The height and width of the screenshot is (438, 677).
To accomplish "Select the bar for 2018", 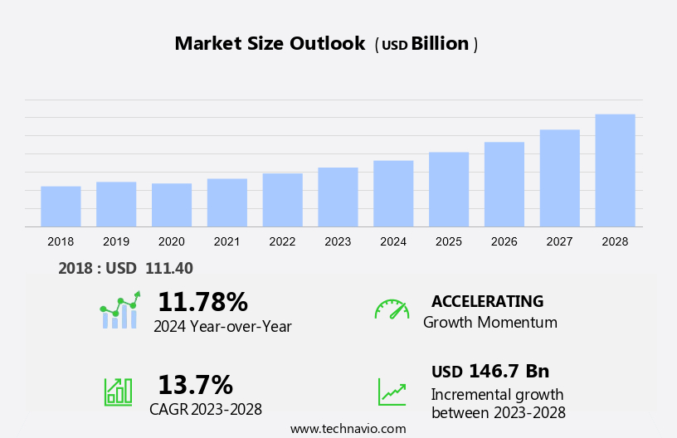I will [x=61, y=207].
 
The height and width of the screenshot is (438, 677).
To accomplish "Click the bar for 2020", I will [x=172, y=205].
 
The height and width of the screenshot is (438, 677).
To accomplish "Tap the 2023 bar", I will [x=338, y=197].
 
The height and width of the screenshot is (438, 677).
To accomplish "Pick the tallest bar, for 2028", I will [x=615, y=170].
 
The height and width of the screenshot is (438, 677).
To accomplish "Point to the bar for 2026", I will [x=504, y=184].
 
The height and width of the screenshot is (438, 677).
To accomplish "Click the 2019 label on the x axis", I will [x=116, y=241].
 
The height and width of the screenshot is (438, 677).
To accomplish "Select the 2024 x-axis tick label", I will [x=393, y=241].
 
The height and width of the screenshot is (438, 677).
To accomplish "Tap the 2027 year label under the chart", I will [x=559, y=241].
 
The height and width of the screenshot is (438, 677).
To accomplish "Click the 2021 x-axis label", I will [x=226, y=241].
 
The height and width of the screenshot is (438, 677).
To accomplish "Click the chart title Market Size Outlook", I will [x=270, y=44].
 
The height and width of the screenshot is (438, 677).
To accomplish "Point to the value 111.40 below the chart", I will [x=169, y=268].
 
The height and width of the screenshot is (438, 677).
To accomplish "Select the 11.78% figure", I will [x=202, y=301].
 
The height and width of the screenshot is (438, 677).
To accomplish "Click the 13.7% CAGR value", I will [x=195, y=385].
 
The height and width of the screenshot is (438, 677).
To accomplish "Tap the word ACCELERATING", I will [x=487, y=301].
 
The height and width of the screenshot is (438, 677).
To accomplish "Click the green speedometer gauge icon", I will [x=392, y=309].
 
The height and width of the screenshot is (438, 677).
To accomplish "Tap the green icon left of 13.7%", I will [x=118, y=392].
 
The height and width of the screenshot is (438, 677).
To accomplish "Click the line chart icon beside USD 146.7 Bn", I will [x=392, y=392].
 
